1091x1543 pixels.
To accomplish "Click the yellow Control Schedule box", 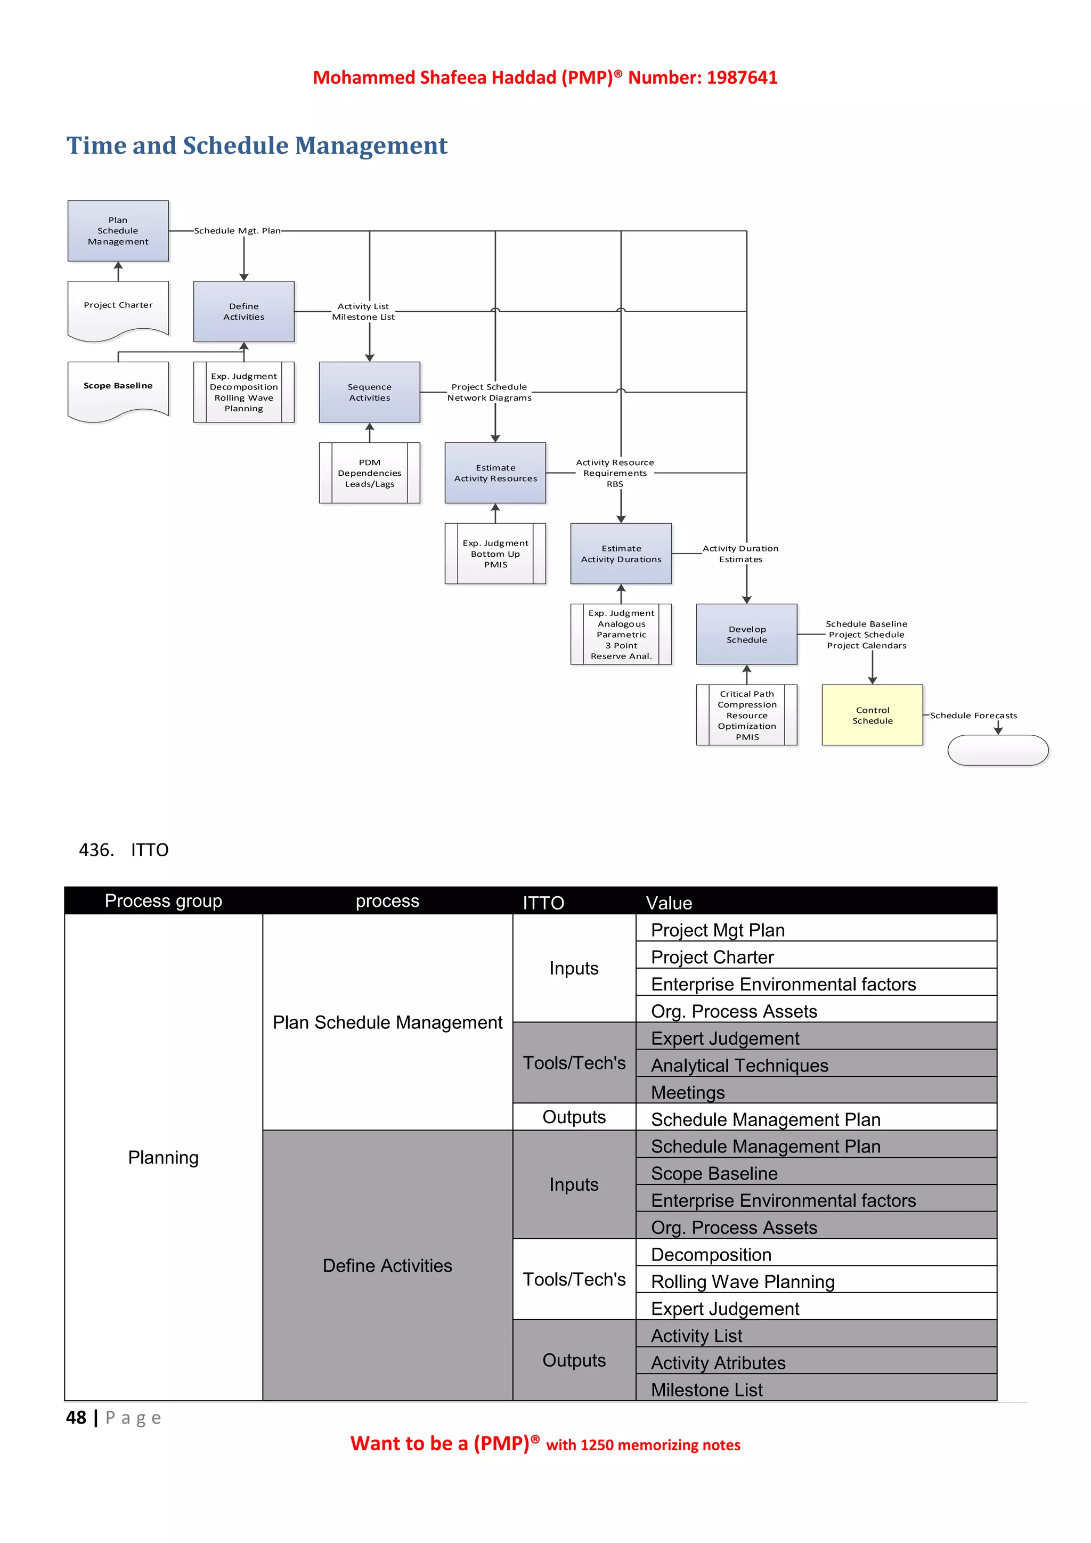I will [872, 715].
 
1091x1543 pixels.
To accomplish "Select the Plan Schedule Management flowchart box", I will [118, 231].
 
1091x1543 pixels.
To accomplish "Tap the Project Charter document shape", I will [118, 308].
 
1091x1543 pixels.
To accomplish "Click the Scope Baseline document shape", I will [118, 388].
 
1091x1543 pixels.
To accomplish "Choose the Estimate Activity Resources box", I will [495, 473].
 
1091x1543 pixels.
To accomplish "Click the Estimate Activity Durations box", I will [621, 554].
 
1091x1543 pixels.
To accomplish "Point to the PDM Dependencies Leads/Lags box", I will [370, 473].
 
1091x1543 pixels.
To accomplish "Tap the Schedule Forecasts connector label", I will [973, 715].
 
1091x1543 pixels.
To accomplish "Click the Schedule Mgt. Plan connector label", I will [237, 231].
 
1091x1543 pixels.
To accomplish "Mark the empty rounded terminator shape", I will [998, 750].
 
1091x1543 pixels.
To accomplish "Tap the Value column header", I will [669, 903].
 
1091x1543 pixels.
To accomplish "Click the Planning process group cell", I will [163, 1157].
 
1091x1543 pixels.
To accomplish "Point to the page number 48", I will [76, 1418].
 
